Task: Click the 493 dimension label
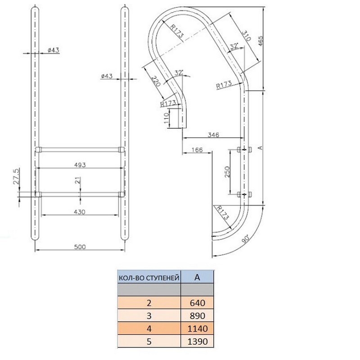pos(80,165)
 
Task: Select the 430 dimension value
pos(80,211)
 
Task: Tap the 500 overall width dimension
pos(80,247)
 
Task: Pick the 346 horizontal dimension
pos(214,135)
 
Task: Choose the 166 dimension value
pos(197,149)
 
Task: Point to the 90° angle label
pos(246,239)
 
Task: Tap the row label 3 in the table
pos(148,315)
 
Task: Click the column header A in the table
pos(197,277)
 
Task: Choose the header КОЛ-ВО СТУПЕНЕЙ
pos(148,277)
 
